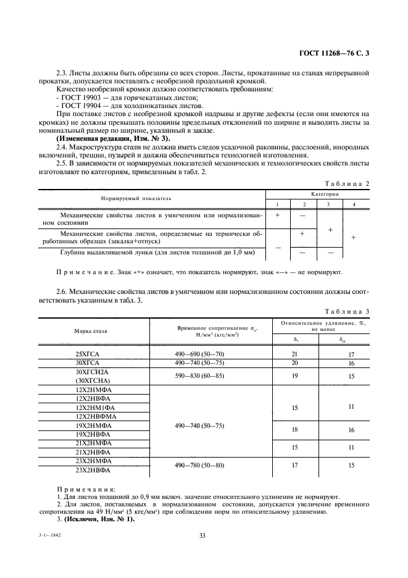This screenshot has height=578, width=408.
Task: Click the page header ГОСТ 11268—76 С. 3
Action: pos(334,54)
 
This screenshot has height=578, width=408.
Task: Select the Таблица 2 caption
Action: pos(347,183)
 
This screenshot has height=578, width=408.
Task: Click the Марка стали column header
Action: pos(91,331)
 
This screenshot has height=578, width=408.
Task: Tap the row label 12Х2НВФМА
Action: pos(91,417)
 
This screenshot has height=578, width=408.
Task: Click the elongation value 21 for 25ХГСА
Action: pos(294,354)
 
